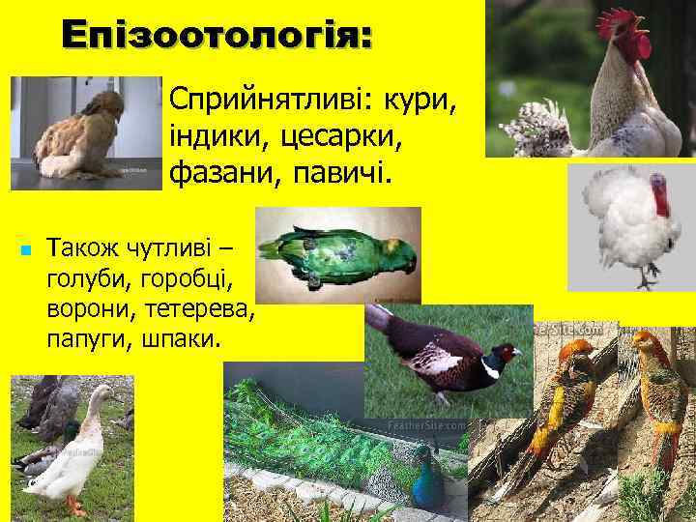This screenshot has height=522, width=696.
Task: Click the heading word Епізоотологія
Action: (216, 37)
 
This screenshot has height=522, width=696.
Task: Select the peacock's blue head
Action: (423, 455)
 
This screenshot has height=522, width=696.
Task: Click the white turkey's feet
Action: (646, 281)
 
